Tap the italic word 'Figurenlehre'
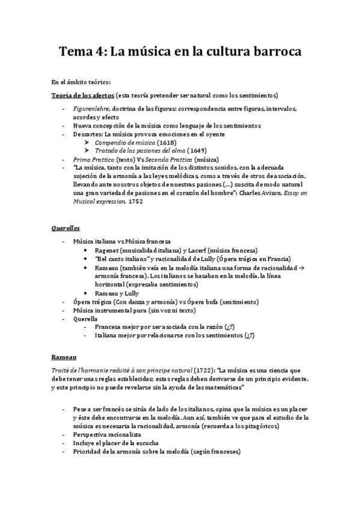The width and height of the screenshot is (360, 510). [91, 108]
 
